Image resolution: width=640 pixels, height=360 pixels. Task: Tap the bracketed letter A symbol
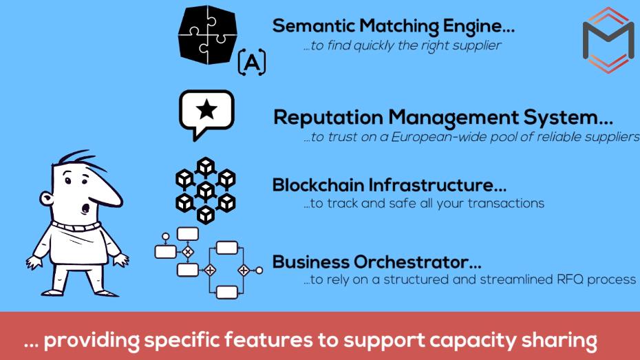pos(252,64)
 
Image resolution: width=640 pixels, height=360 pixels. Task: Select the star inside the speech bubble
pos(206,110)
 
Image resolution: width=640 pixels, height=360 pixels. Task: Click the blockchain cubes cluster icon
pos(206,189)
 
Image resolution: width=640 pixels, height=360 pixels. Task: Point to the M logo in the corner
pos(608,39)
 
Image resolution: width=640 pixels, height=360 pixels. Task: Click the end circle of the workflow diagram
pos(259,271)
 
